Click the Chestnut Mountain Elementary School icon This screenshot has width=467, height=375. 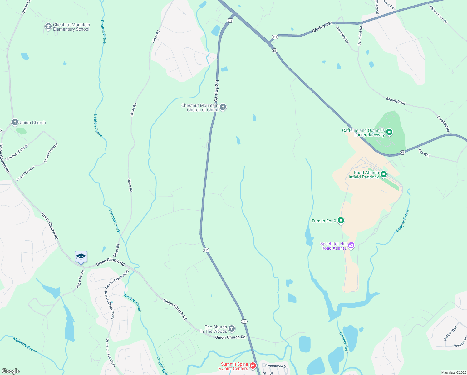[48, 27]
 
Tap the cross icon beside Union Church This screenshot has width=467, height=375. [15, 122]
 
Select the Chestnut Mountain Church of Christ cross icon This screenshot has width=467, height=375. [223, 107]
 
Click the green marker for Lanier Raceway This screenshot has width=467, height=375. [389, 132]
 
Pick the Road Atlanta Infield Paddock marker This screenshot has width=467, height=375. [384, 174]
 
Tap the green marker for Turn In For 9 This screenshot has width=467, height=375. [341, 221]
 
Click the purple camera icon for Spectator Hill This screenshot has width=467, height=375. [351, 246]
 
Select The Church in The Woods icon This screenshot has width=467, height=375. [231, 328]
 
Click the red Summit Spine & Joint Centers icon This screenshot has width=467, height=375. [253, 366]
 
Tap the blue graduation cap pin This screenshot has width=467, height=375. [81, 257]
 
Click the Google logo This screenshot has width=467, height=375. [10, 371]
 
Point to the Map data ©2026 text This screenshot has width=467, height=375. [453, 372]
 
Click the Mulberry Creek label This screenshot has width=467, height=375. [25, 345]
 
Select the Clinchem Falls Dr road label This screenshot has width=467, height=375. [17, 152]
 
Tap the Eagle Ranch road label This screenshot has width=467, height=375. [80, 279]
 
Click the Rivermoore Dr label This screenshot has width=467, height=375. [276, 366]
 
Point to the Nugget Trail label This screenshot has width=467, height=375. [450, 333]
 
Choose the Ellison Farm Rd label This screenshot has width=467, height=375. [438, 15]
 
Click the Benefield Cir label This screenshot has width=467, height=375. [342, 35]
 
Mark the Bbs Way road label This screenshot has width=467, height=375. [424, 153]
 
